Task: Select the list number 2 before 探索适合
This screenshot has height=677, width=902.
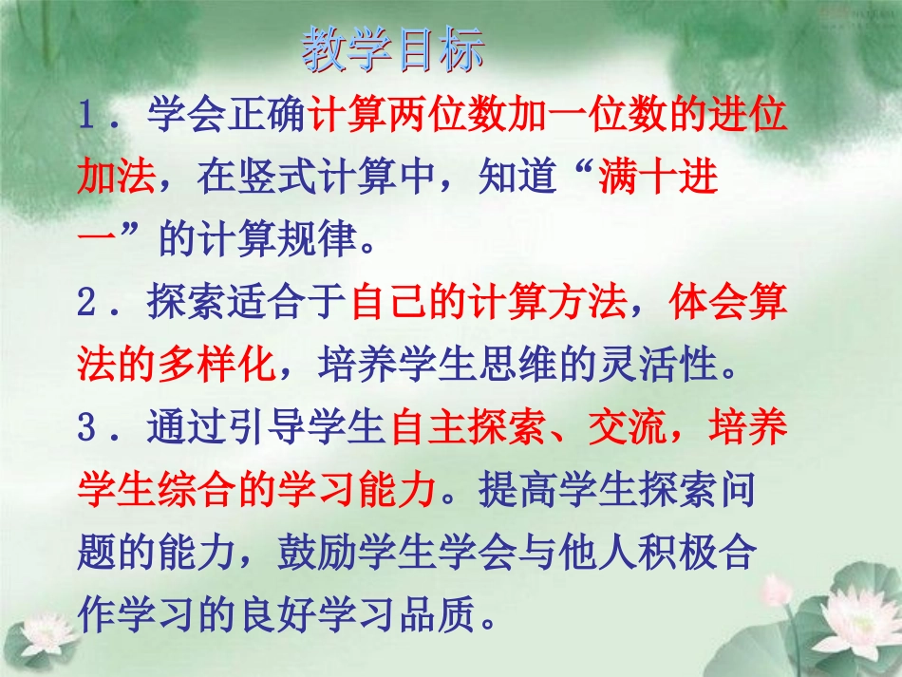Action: [89, 304]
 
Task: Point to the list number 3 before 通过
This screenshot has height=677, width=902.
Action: [89, 429]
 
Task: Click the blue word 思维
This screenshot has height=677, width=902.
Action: [550, 364]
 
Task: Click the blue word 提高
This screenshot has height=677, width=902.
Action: [511, 490]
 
